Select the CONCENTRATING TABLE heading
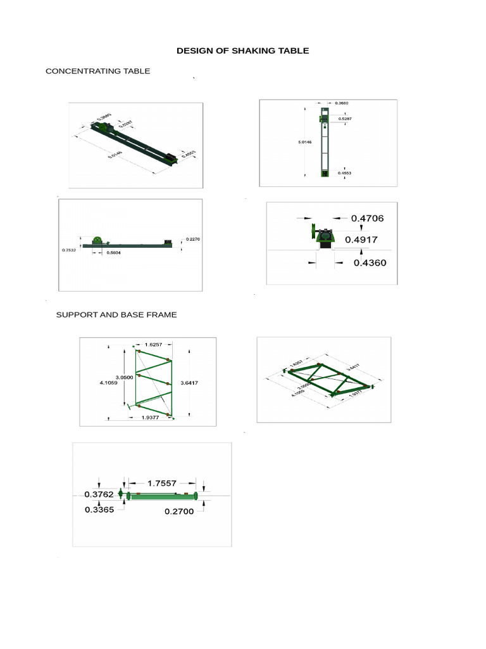point(97,71)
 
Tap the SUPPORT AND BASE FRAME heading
point(116,314)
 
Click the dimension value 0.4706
point(367,218)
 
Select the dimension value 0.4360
point(370,262)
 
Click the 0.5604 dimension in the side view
point(115,253)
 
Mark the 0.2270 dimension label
point(193,239)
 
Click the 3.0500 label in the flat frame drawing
point(123,377)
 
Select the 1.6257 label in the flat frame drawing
point(153,345)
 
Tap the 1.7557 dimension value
point(161,482)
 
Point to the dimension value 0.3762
point(99,494)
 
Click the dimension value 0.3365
point(99,508)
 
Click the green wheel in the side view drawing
point(97,241)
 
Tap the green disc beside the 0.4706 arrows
point(313,231)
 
